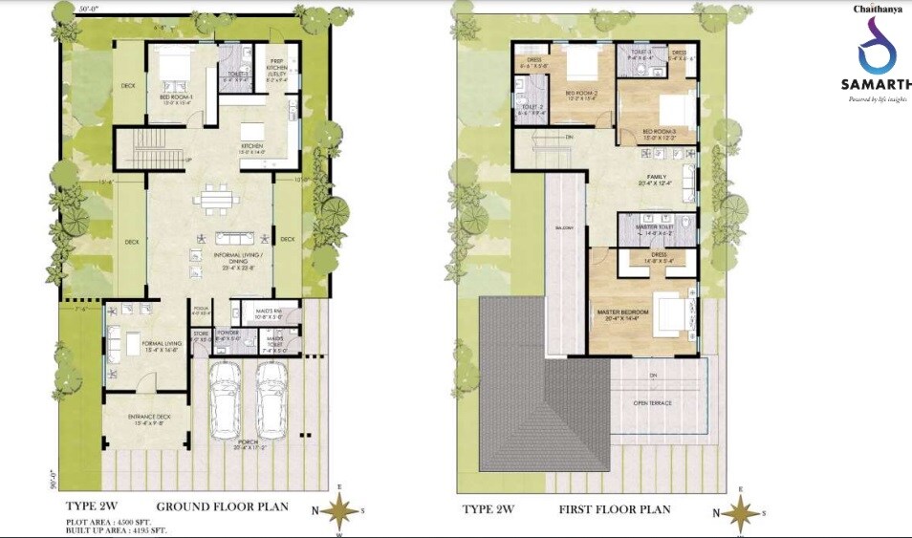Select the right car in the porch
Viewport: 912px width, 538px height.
click(271, 398)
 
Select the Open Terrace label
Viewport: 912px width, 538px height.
click(652, 403)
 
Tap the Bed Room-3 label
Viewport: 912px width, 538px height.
click(660, 133)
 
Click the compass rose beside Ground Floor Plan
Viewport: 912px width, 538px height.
click(338, 512)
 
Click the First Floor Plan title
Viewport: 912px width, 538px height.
click(615, 509)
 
